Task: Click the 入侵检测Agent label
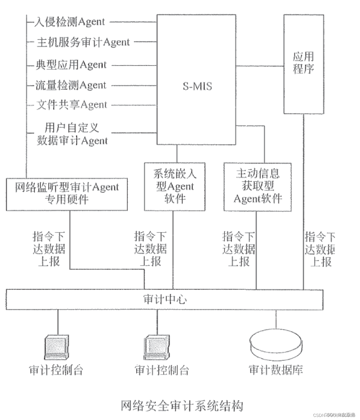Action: tap(69, 22)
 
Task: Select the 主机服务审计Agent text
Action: tap(83, 42)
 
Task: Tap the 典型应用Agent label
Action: tap(71, 65)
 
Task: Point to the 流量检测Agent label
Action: tap(71, 85)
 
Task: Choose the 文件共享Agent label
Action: tap(72, 105)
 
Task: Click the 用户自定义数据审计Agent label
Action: tap(72, 134)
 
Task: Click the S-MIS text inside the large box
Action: tap(197, 86)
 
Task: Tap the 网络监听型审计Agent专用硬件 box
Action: tap(67, 194)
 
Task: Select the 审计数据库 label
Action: tap(276, 370)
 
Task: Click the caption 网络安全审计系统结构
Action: tap(182, 405)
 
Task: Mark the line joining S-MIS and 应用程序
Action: tap(260, 66)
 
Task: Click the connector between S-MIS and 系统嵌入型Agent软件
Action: tap(177, 154)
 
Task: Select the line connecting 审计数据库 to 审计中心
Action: tap(276, 319)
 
